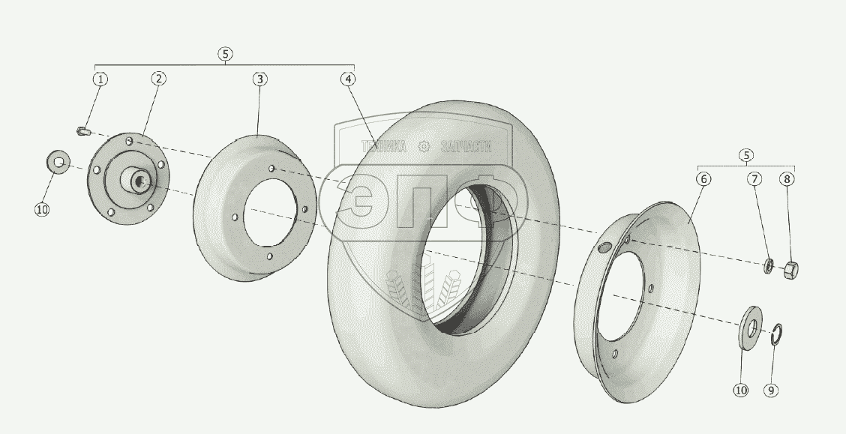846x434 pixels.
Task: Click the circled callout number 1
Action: (100, 79)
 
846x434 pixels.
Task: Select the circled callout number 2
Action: (158, 78)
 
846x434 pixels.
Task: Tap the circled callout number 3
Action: (259, 79)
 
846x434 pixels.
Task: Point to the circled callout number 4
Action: (348, 79)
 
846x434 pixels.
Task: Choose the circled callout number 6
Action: (703, 178)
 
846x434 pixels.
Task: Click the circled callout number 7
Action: (754, 178)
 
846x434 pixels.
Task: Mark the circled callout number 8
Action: (787, 178)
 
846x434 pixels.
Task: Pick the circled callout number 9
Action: (772, 390)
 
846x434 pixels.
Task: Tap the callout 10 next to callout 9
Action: (741, 390)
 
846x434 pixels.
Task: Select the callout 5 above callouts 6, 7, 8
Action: (745, 155)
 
